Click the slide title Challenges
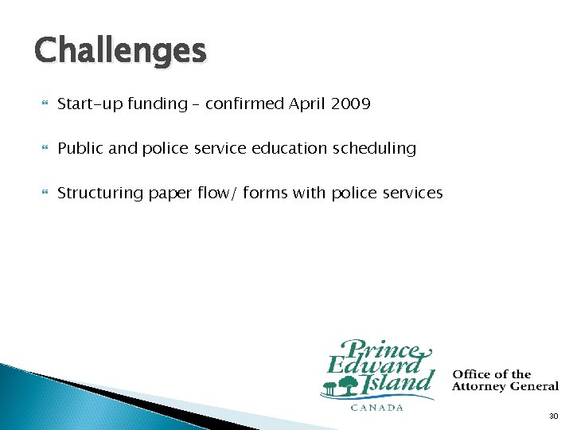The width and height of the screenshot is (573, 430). tap(120, 51)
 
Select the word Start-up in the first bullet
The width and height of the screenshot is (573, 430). tap(90, 104)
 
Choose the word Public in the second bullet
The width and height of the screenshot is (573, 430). tap(80, 148)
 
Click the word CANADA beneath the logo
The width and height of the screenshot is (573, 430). tap(377, 408)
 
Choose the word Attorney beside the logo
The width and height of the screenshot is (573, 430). tap(481, 386)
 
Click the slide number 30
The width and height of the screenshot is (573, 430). tap(553, 416)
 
